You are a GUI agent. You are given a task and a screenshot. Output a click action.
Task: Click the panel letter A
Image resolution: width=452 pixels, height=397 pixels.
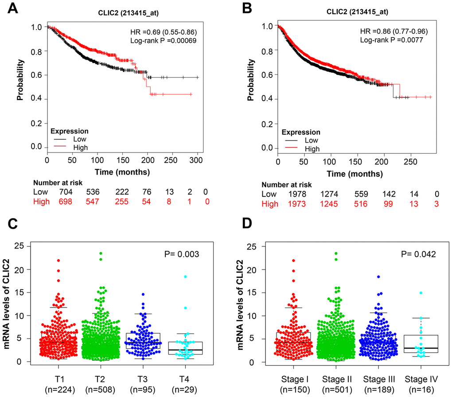point(9,9)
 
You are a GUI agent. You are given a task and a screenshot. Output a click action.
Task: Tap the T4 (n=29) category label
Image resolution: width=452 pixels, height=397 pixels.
point(180,380)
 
